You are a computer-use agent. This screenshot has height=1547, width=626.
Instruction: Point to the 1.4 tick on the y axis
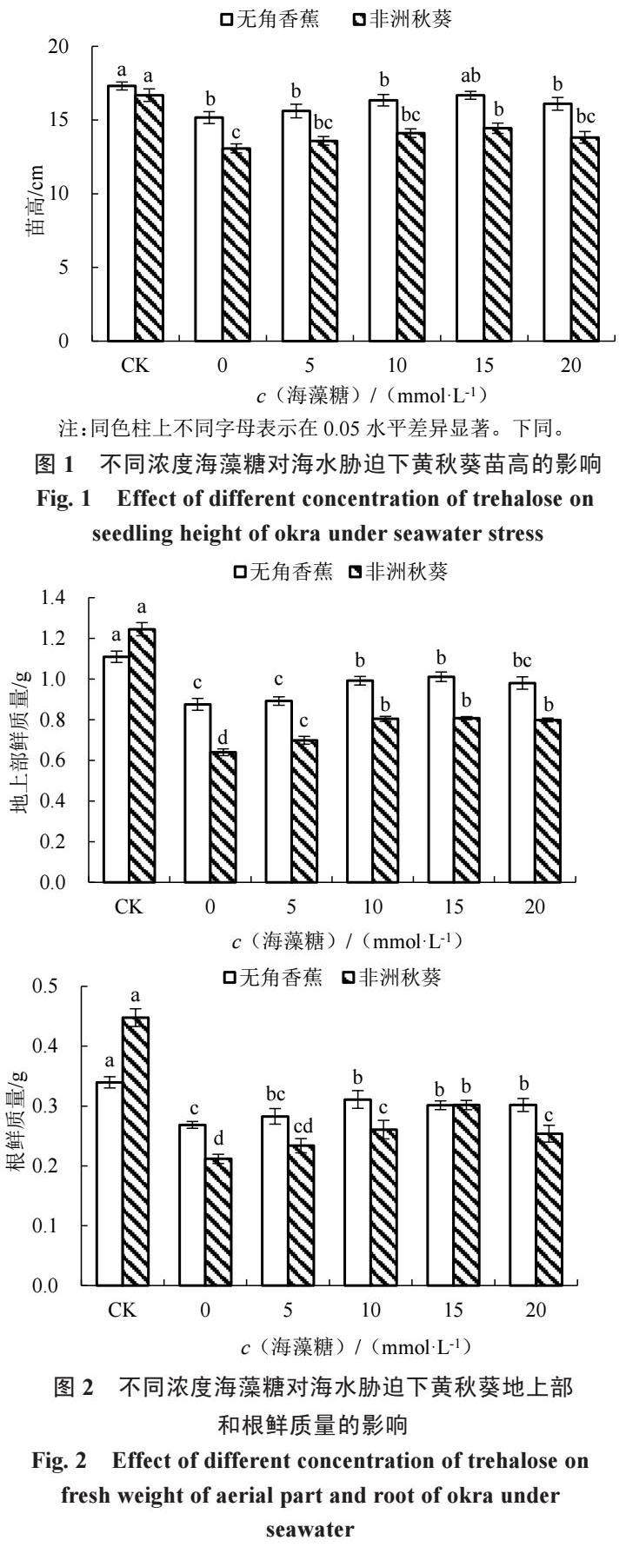pos(52,598)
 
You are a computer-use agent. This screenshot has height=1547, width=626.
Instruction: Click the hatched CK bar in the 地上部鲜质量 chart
pos(142,755)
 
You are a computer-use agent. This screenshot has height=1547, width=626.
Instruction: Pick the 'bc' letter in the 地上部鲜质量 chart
pos(522,661)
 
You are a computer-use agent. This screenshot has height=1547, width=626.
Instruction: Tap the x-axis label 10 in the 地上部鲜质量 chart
pos(372,907)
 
